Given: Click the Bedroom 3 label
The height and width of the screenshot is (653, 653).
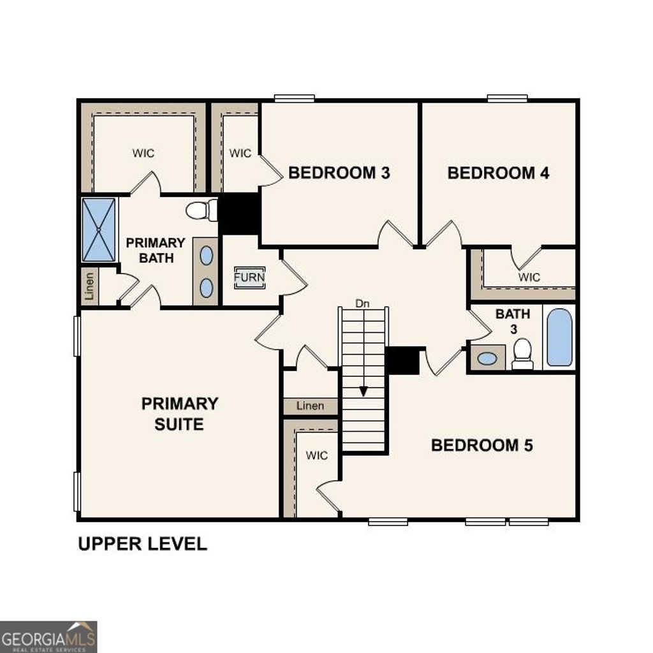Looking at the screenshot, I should (339, 173).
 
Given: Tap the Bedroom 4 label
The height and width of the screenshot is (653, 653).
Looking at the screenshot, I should (498, 173).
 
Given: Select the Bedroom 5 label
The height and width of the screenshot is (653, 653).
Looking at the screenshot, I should (481, 445).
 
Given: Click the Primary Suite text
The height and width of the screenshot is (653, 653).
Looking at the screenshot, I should (179, 413).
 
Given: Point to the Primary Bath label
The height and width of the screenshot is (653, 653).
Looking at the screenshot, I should (155, 251).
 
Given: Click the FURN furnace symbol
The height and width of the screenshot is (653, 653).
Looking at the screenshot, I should (249, 278).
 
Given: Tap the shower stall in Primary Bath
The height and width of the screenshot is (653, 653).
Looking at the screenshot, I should (99, 230).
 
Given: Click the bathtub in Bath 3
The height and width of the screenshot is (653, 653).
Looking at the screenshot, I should (559, 337).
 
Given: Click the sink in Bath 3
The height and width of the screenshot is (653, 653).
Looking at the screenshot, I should (487, 358).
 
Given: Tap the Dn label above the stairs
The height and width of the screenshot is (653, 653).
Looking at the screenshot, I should (362, 304).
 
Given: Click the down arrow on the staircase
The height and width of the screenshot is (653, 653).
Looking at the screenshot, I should (363, 390).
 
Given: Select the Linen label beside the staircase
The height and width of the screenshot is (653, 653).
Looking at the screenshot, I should (310, 406).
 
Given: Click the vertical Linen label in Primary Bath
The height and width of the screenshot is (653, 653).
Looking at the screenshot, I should (90, 286).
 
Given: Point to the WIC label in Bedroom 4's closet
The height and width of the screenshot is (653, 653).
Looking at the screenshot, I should (529, 277).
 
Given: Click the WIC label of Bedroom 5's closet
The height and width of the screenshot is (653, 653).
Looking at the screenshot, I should (316, 455).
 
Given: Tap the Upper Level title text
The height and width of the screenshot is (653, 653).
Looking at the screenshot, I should (142, 544).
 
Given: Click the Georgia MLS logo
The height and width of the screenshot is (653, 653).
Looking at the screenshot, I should (48, 636).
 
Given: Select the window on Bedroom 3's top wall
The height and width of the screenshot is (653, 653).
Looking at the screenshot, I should (294, 98).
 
